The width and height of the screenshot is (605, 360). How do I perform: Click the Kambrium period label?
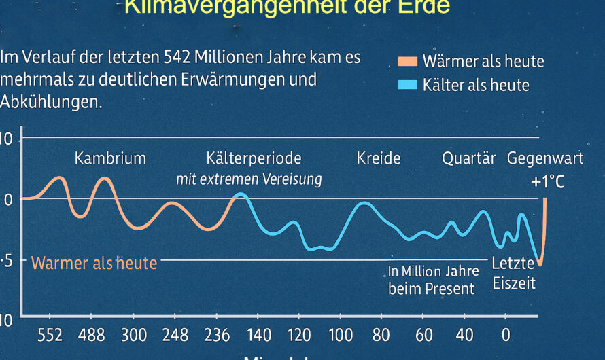pos(110,159)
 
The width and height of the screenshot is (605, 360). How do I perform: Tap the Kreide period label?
pos(379,159)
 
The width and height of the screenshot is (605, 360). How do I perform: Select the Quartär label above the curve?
pos(469,159)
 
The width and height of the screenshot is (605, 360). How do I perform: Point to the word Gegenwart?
pos(545,159)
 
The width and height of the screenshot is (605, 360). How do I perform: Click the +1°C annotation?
pos(547,182)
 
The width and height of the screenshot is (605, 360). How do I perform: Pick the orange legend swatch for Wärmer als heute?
pos(407,61)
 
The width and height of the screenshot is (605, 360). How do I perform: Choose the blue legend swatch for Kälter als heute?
pos(407,85)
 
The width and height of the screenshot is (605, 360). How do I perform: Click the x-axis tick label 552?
pos(50,335)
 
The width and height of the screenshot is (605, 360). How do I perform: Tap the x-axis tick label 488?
pos(91,335)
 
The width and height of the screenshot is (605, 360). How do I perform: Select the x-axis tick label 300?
pos(134,335)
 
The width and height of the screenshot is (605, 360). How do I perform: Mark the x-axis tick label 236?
pos(217,335)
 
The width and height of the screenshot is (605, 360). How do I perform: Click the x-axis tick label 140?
pos(259,335)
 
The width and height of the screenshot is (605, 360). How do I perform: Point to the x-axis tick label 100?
pos(341,335)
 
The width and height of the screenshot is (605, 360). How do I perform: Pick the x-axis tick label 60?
pos(424,335)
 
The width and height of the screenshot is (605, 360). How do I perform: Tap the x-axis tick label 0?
pos(505,335)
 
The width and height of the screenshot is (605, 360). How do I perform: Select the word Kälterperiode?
pos(254,159)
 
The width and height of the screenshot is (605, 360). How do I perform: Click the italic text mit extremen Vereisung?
pos(249,180)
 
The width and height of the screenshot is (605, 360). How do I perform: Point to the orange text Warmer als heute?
pos(94,263)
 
